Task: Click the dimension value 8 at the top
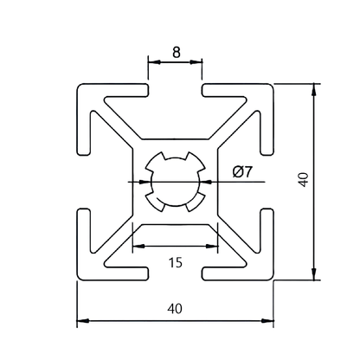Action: [x=176, y=51]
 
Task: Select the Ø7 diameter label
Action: [x=242, y=171]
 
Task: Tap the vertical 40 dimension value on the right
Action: [x=302, y=180]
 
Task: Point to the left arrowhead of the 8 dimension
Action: [x=152, y=62]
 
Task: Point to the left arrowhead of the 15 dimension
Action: [x=136, y=247]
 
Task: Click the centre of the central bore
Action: [x=176, y=182]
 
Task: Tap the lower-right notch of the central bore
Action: [x=196, y=201]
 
